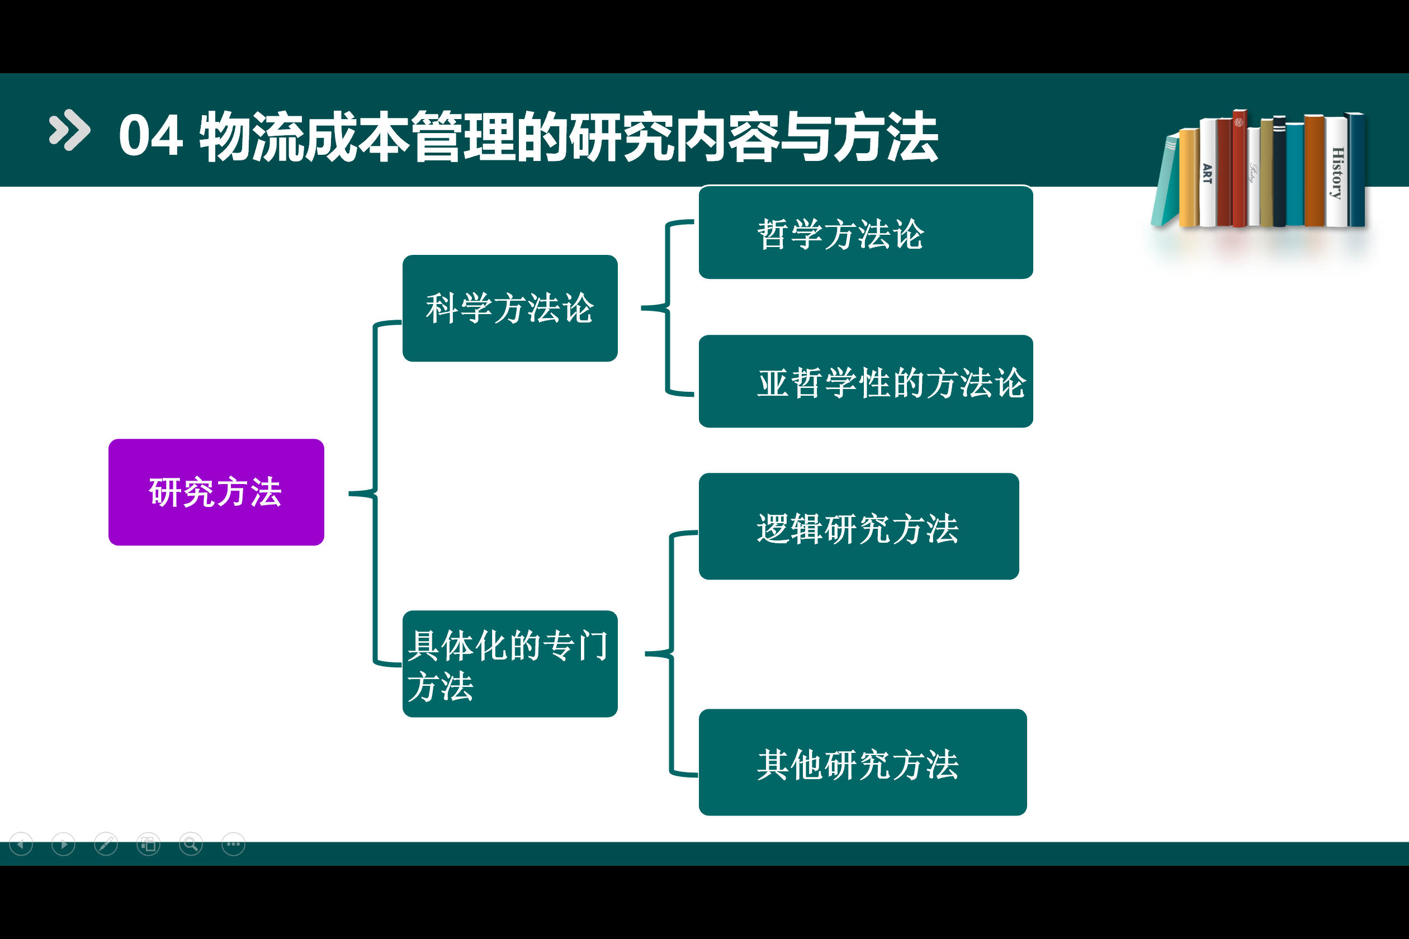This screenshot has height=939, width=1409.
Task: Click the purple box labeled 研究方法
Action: tap(216, 492)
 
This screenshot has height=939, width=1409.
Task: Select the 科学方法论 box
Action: tap(510, 309)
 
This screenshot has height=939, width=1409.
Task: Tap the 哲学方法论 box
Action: tap(865, 233)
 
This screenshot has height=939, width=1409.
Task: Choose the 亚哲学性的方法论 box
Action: tap(865, 381)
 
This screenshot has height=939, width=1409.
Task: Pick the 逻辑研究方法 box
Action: tap(858, 527)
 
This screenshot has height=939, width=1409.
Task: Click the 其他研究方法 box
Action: tap(862, 762)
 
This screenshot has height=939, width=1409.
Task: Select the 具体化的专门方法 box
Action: tap(510, 664)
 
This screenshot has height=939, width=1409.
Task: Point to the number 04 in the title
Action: tap(150, 136)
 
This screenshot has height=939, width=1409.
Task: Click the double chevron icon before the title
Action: tap(69, 130)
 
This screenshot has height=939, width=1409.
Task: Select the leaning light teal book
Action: tap(1165, 183)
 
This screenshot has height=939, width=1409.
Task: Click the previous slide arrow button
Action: tap(22, 845)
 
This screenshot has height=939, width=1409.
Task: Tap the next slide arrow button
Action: tap(64, 845)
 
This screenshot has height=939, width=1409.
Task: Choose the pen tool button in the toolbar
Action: tap(106, 845)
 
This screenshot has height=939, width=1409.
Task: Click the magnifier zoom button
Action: tap(191, 845)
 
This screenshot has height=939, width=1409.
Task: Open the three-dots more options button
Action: tap(233, 845)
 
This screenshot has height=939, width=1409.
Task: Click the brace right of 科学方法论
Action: tap(666, 309)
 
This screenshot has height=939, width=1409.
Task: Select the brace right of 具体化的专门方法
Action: tap(671, 653)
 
